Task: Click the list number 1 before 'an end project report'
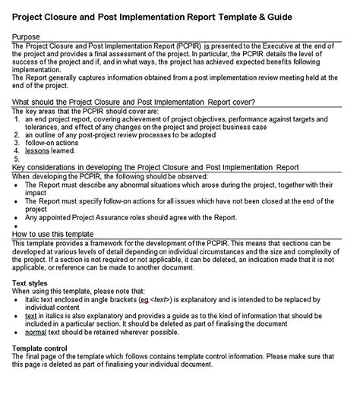point(17,119)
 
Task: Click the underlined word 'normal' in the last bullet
point(36,353)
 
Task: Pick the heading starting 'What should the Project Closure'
point(134,102)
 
